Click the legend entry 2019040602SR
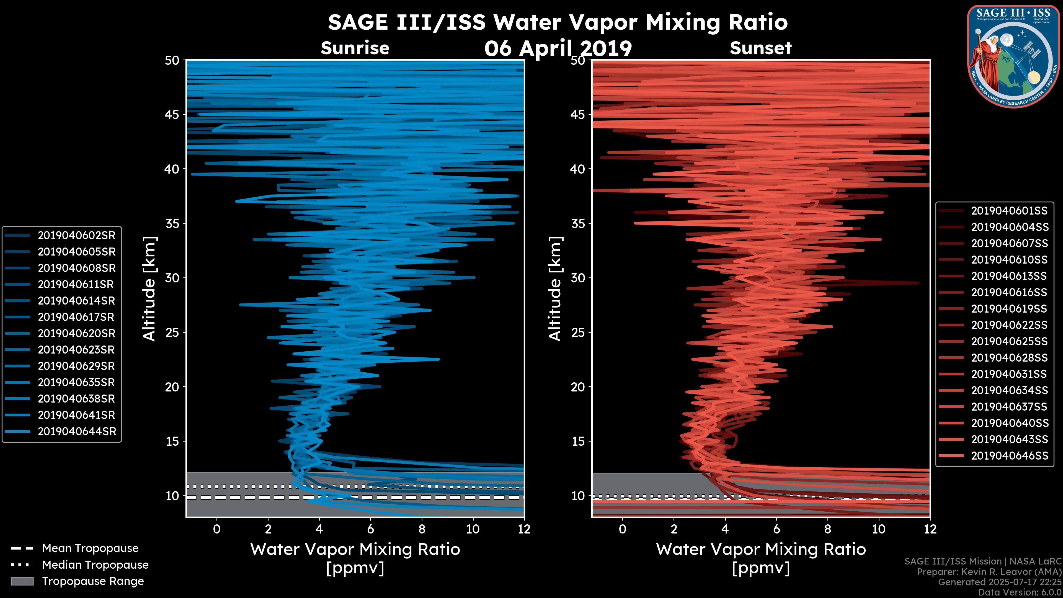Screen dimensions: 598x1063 pos(76,235)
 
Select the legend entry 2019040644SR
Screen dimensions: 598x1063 pos(76,431)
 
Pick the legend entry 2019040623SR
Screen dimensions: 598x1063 pos(76,350)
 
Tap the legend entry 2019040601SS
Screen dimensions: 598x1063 pos(1009,210)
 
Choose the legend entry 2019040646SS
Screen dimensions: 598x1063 pos(1009,456)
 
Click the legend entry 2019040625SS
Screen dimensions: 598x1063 pos(1009,341)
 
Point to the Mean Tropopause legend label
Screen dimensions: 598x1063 pos(90,548)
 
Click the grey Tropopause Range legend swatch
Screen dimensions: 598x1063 pos(22,581)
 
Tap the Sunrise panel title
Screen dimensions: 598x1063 pos(355,48)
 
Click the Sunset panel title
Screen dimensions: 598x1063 pos(760,48)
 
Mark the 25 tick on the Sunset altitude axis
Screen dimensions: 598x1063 pos(578,332)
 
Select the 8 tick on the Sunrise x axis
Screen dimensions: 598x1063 pos(421,529)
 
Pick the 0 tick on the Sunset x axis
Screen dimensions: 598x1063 pos(622,529)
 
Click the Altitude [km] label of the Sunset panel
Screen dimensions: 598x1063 pos(555,289)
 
